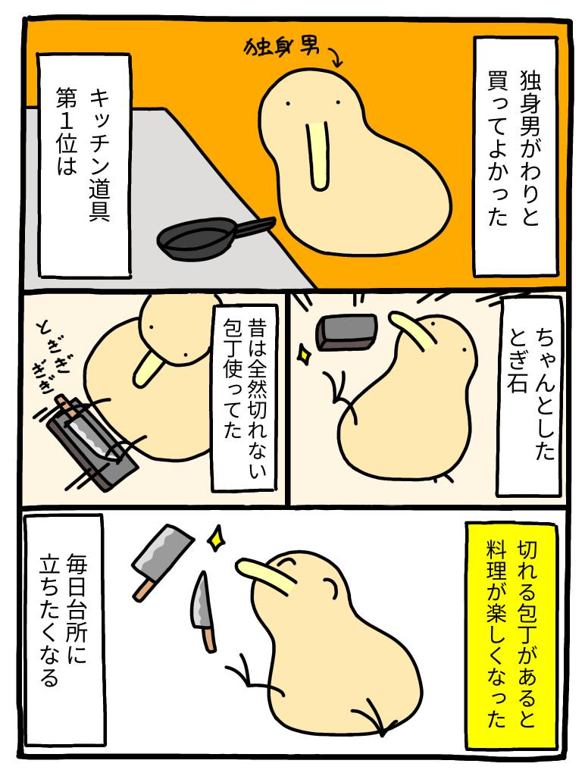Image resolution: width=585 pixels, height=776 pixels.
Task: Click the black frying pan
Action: (x=208, y=237)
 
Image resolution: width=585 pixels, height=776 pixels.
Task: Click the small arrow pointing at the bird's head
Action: (x=333, y=57)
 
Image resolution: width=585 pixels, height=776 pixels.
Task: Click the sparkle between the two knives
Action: (x=216, y=539)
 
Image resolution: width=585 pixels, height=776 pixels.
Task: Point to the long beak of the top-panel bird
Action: (x=318, y=155)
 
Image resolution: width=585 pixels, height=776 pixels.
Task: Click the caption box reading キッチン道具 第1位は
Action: (x=84, y=164)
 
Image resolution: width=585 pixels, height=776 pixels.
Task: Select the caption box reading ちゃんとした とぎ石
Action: (x=530, y=396)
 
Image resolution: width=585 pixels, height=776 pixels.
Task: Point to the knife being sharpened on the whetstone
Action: (x=84, y=428)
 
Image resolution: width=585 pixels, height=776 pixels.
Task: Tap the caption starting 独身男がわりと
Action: (x=515, y=156)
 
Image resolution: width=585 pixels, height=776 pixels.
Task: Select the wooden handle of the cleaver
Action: (x=142, y=588)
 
